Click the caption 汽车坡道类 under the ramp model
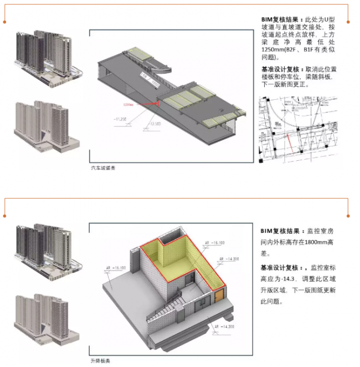pos(104,167)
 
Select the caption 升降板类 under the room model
pos(101,360)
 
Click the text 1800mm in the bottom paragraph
pos(322,243)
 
